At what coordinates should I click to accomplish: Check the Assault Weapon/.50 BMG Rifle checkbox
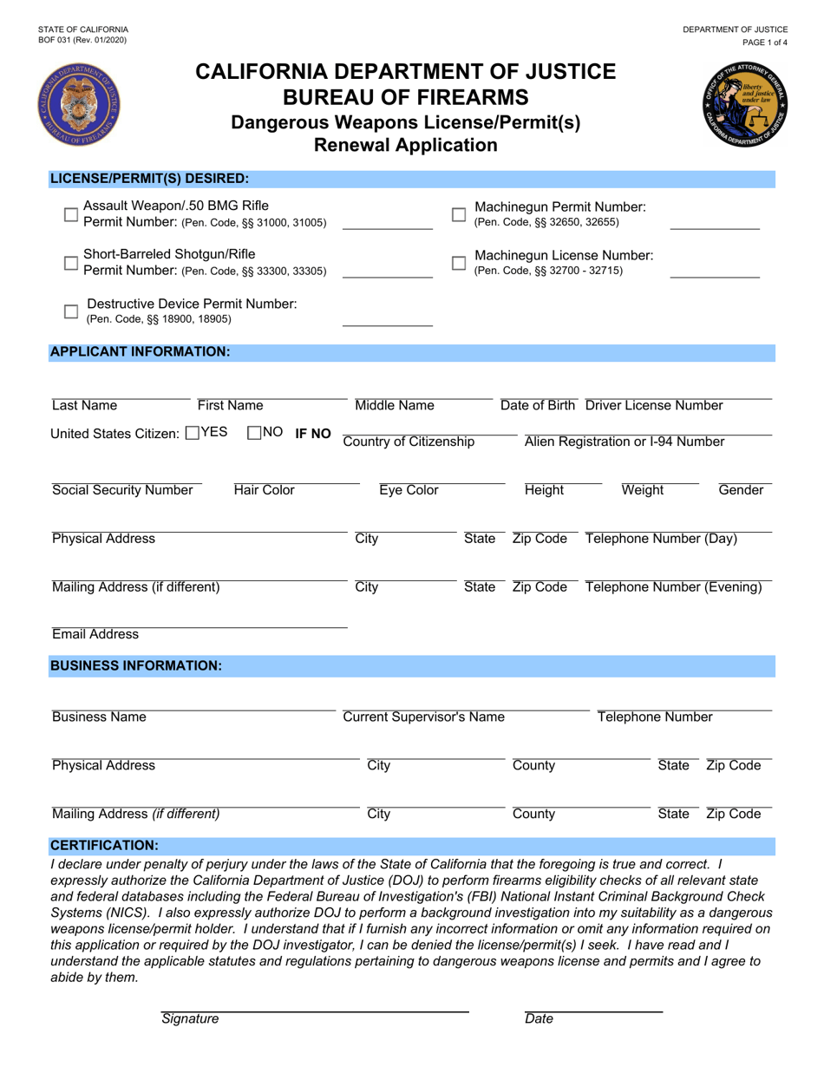[72, 214]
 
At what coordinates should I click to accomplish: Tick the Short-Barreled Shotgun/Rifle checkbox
[72, 263]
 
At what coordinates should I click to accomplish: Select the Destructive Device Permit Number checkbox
[72, 311]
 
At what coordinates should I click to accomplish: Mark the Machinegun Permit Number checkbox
[459, 214]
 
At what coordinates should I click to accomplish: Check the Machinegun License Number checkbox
[459, 263]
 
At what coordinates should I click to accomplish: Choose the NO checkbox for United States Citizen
[254, 433]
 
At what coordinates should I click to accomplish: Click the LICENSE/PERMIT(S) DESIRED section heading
[149, 179]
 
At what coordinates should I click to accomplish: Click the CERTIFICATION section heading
[104, 844]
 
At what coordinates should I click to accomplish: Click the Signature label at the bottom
[190, 1019]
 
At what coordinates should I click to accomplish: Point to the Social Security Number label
[122, 491]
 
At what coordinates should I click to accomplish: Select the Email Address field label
[95, 634]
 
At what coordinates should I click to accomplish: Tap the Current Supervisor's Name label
[423, 717]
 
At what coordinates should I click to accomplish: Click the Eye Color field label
[409, 491]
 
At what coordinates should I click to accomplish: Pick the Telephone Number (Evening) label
[674, 587]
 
